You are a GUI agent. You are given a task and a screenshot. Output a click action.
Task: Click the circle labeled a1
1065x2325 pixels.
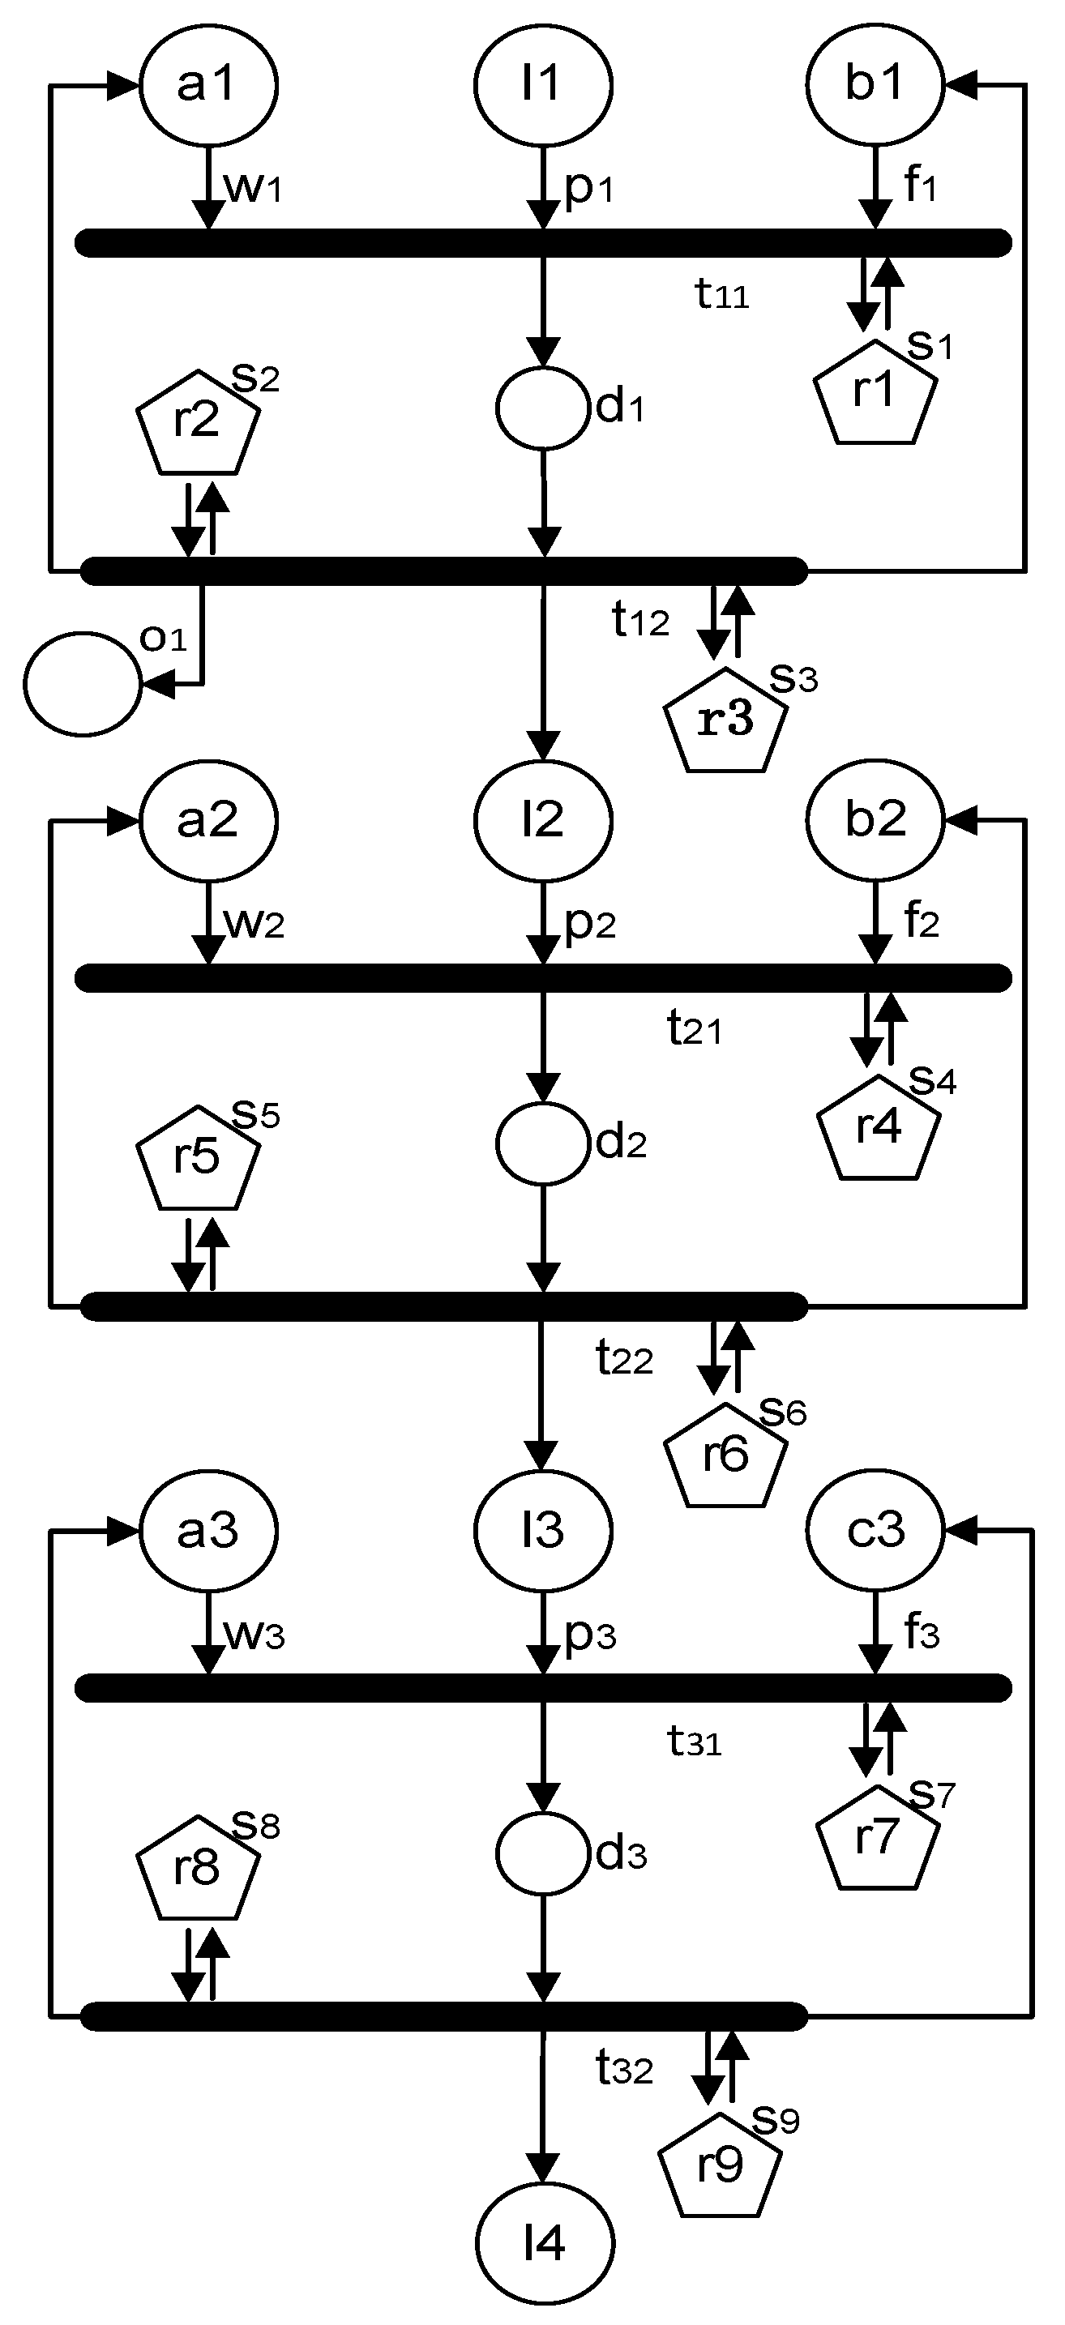[x=207, y=85]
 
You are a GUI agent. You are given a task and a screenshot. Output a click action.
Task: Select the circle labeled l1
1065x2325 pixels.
[x=543, y=85]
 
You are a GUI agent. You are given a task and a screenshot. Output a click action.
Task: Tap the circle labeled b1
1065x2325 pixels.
[x=875, y=85]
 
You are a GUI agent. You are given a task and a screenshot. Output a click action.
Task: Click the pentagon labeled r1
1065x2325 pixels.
[x=875, y=394]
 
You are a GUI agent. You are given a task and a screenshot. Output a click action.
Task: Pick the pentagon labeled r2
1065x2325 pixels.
[x=199, y=423]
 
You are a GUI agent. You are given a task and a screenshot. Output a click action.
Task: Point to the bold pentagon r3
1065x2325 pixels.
[x=725, y=722]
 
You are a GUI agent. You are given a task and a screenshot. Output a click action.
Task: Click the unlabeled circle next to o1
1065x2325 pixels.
[x=83, y=684]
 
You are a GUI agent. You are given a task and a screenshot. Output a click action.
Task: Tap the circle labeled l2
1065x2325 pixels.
[x=543, y=820]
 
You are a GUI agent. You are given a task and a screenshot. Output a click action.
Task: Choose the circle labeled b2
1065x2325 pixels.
[x=875, y=820]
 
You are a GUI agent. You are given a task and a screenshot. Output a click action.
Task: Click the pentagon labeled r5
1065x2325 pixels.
[x=199, y=1159]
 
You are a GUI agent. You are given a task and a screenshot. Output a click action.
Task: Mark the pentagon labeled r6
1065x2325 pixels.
[x=725, y=1457]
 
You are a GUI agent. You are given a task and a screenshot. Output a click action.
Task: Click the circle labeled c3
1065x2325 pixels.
[x=875, y=1531]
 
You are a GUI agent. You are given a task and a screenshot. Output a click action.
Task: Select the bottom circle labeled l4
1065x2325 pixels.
[x=545, y=2243]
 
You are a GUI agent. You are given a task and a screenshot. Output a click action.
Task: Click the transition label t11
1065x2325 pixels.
[x=722, y=294]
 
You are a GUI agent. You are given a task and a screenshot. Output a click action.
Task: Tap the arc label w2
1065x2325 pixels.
[x=254, y=922]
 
